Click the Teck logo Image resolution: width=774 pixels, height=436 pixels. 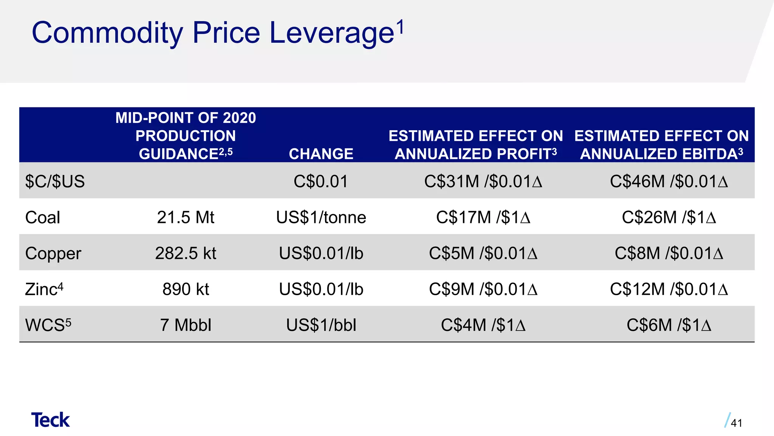click(50, 420)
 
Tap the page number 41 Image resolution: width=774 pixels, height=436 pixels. click(736, 423)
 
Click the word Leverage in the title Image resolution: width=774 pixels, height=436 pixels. click(331, 33)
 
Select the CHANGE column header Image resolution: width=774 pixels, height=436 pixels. click(321, 154)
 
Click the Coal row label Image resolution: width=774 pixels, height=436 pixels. click(42, 217)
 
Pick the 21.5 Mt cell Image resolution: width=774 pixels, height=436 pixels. click(186, 217)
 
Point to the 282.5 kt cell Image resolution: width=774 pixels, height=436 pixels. click(186, 253)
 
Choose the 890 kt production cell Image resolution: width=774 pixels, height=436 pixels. click(186, 289)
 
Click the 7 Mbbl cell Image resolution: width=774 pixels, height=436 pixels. click(186, 325)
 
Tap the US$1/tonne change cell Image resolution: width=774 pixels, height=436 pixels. click(321, 217)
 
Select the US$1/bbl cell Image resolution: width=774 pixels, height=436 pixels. click(321, 325)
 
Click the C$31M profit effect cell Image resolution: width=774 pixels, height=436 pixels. click(483, 181)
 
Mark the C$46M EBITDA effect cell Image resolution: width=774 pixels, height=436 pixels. click(669, 181)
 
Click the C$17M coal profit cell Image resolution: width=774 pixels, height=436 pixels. click(483, 217)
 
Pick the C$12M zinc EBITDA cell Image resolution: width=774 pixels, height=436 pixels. click(669, 289)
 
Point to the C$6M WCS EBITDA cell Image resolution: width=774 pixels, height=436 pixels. click(669, 325)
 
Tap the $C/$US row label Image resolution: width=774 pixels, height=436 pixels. click(55, 181)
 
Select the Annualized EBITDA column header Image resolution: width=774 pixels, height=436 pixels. click(661, 145)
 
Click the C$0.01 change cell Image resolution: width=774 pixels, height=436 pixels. click(321, 181)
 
